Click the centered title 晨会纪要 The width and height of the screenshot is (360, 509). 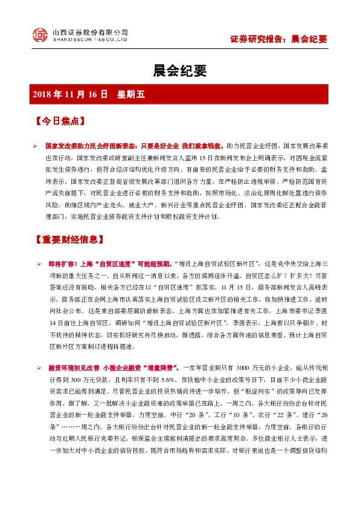179,72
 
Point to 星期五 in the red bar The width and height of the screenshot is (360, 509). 132,94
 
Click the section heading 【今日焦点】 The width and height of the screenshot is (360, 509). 60,122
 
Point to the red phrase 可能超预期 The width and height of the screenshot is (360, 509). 153,265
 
